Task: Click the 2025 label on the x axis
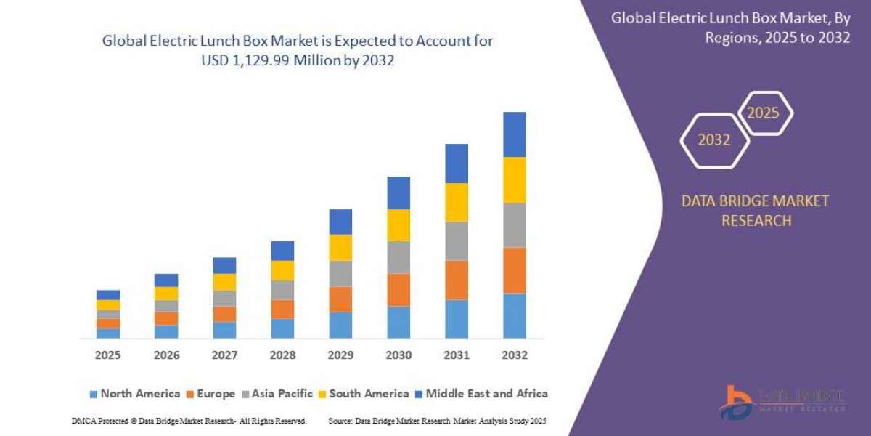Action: pyautogui.click(x=107, y=355)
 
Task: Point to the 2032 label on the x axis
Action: pyautogui.click(x=514, y=355)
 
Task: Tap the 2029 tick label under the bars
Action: pyautogui.click(x=340, y=355)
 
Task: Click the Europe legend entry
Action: pyautogui.click(x=211, y=394)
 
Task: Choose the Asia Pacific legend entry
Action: pyautogui.click(x=279, y=394)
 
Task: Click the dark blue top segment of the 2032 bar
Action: pyautogui.click(x=514, y=134)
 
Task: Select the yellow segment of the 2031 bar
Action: pyautogui.click(x=457, y=202)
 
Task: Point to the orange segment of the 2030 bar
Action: pyautogui.click(x=398, y=289)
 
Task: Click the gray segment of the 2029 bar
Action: pyautogui.click(x=340, y=273)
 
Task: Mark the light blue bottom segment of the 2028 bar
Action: pyautogui.click(x=282, y=328)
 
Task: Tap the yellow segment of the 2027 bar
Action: pyautogui.click(x=224, y=282)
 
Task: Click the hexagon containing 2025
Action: pyautogui.click(x=764, y=113)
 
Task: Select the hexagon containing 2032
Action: pyautogui.click(x=713, y=140)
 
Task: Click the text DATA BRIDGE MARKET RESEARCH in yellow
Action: pyautogui.click(x=755, y=211)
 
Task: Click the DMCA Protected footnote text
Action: pyautogui.click(x=189, y=421)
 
